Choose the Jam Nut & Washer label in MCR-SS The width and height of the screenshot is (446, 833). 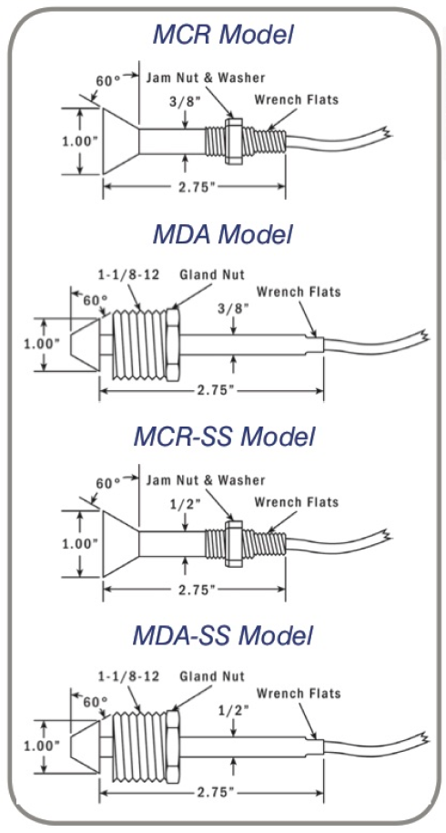tap(207, 480)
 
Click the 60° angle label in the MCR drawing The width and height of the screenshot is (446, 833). tap(109, 79)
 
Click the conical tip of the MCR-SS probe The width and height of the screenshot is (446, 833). tap(118, 542)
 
